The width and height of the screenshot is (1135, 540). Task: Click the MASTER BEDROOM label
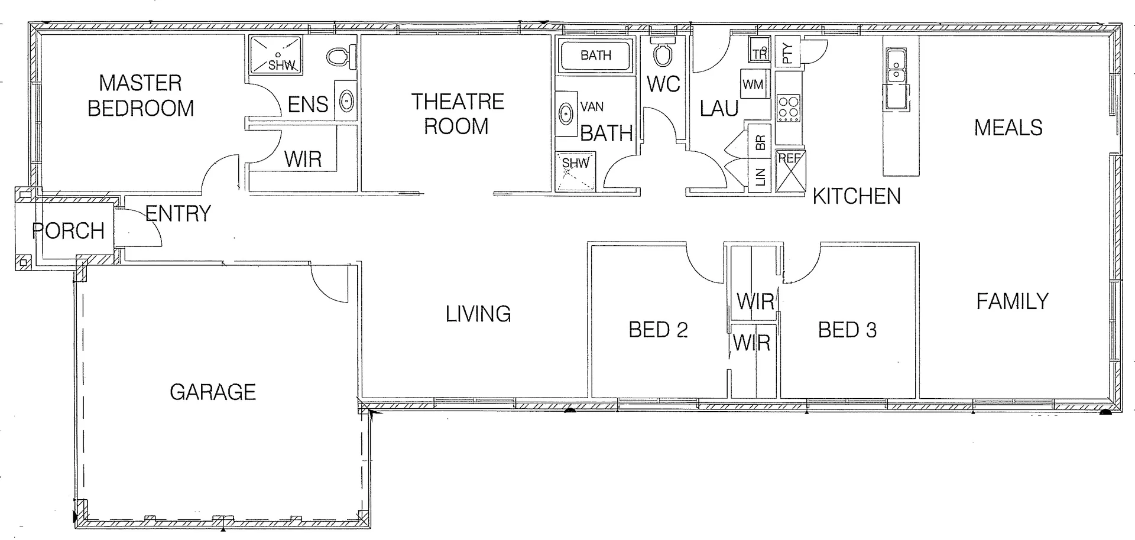point(141,96)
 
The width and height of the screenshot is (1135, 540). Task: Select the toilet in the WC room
point(662,53)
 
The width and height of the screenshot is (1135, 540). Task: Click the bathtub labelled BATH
point(595,56)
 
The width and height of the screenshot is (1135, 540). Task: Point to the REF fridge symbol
point(790,171)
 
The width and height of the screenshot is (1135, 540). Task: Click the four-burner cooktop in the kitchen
point(788,108)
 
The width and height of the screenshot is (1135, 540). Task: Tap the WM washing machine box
point(753,84)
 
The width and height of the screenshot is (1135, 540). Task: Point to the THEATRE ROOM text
point(457,114)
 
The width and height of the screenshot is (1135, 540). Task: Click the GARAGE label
point(213,392)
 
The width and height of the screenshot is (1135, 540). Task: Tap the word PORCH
point(69,231)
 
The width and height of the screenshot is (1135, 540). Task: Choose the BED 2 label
point(658,330)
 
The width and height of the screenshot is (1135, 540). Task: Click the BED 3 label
point(847,330)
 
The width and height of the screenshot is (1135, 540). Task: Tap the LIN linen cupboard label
point(761,176)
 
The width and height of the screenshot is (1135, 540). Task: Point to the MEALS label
point(1008,128)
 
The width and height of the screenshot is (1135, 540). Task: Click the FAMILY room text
point(1012,302)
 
